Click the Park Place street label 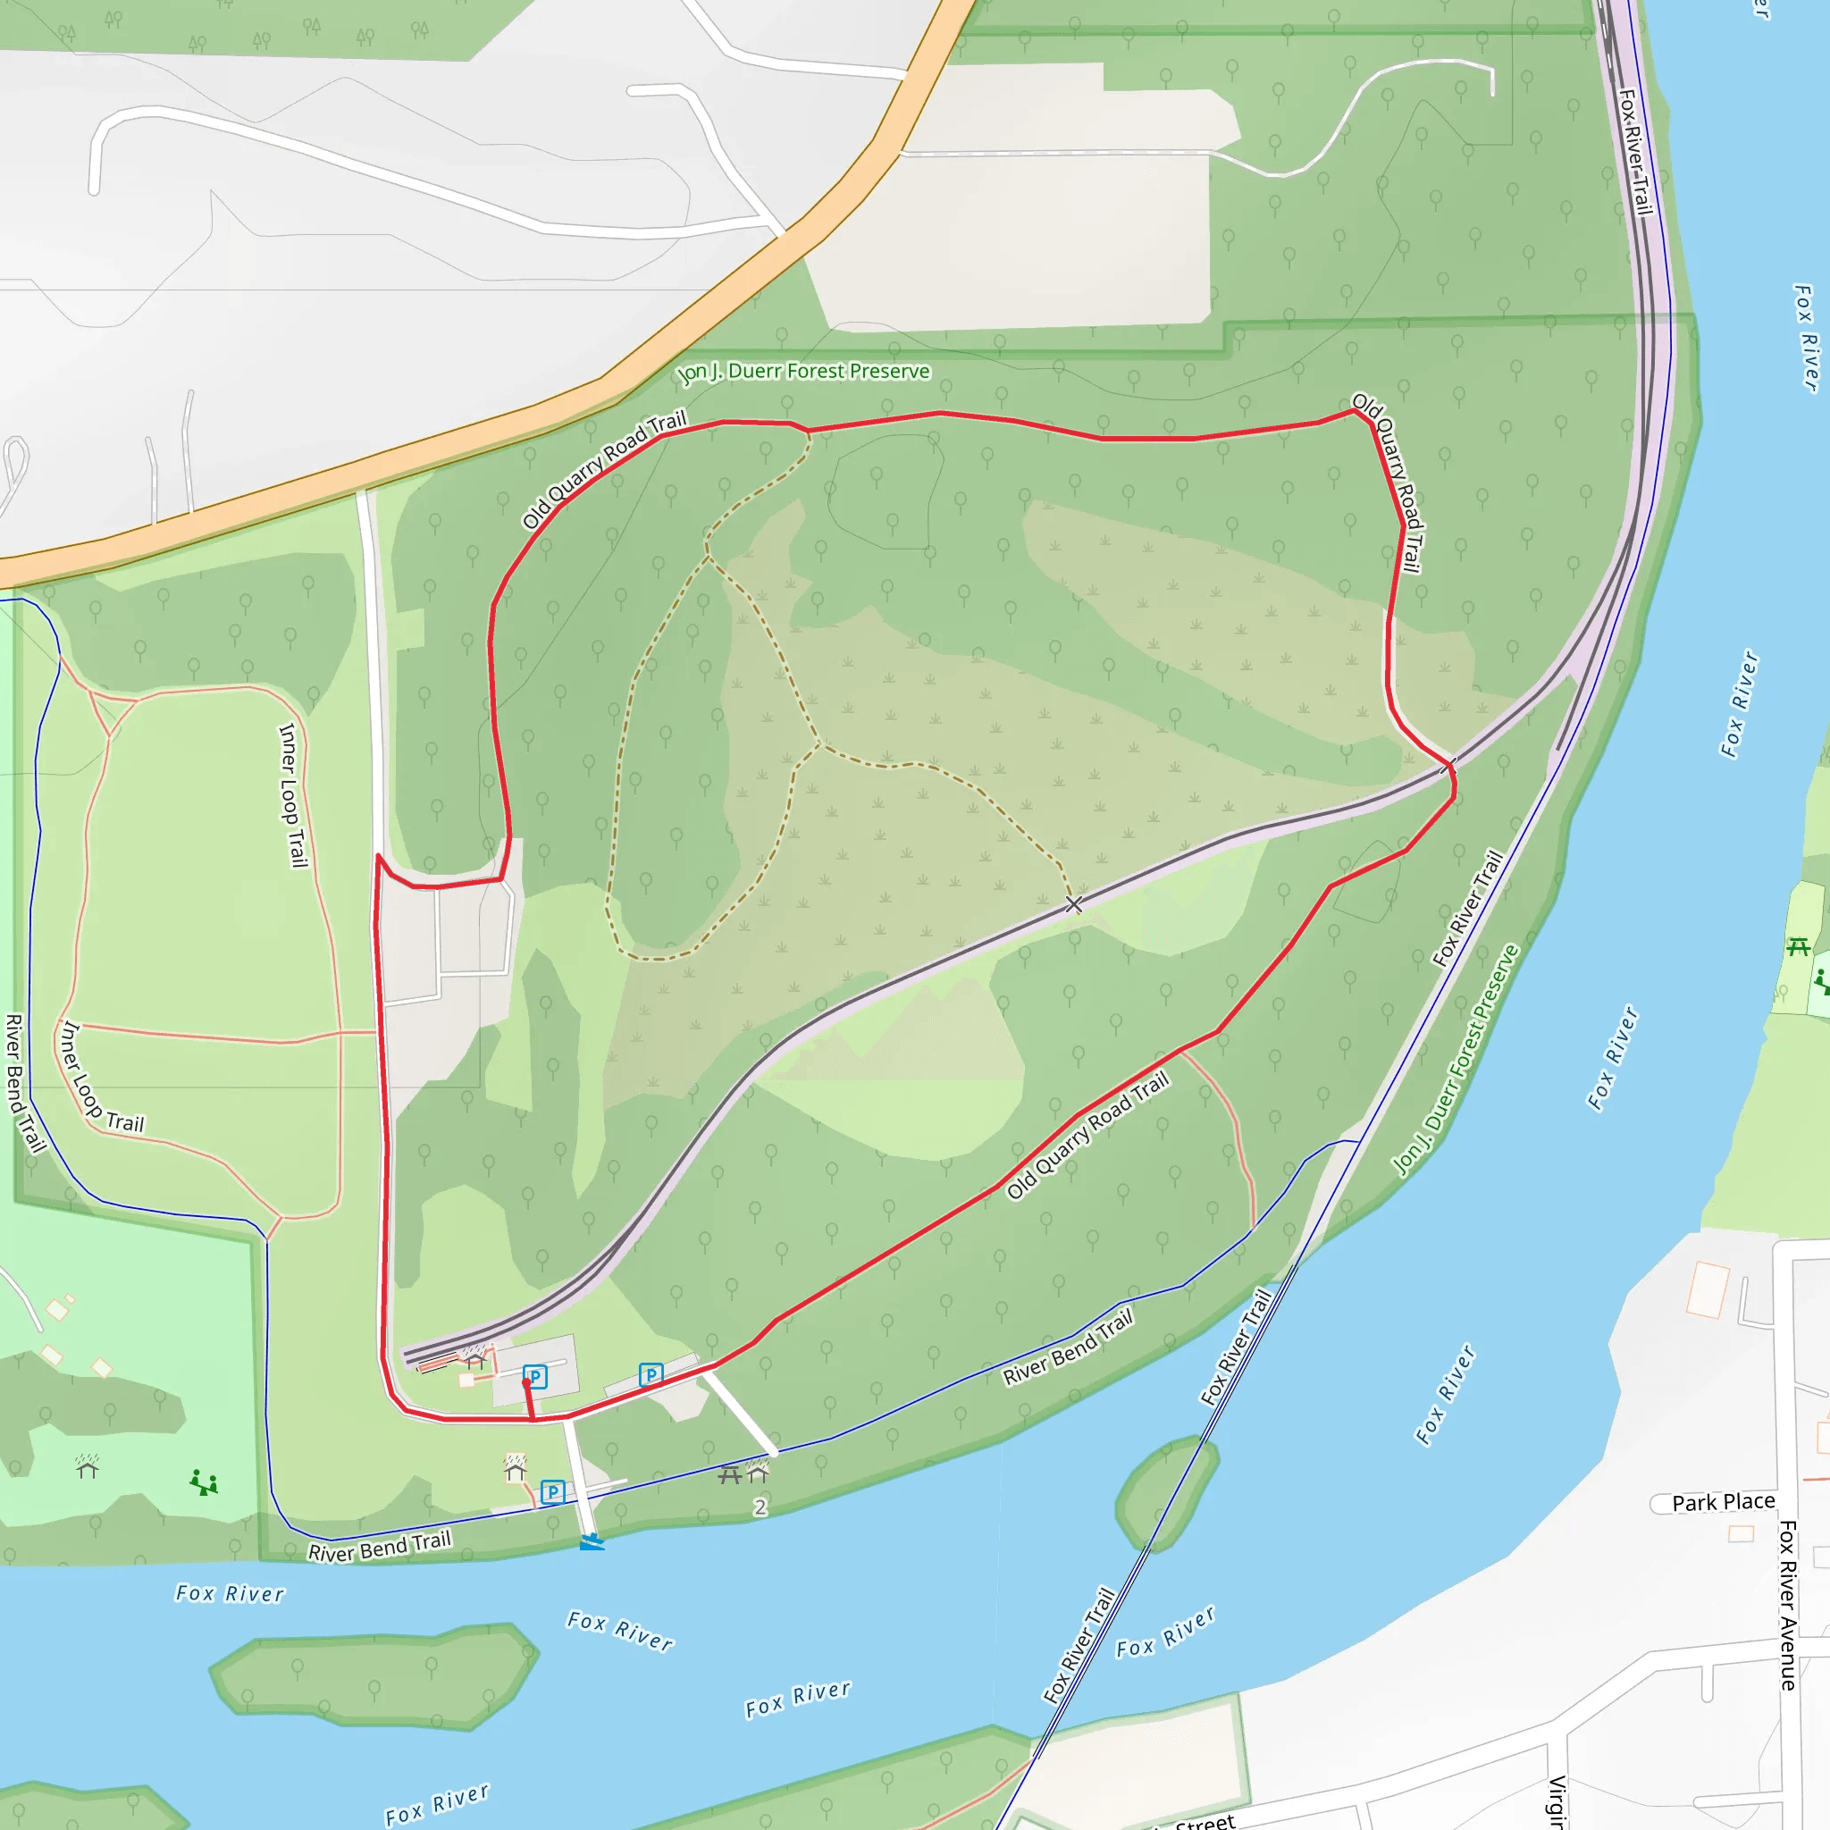click(x=1723, y=1502)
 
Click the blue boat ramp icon click(x=592, y=1542)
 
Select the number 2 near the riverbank click(x=760, y=1507)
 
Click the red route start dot click(x=526, y=1383)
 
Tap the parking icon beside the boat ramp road click(x=552, y=1493)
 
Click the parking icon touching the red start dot click(x=536, y=1376)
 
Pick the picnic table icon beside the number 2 click(x=729, y=1474)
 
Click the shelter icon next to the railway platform click(x=475, y=1360)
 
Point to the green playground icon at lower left click(x=204, y=1482)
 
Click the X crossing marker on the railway click(x=1073, y=904)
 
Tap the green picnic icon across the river click(x=1798, y=946)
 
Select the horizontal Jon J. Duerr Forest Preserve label click(x=804, y=372)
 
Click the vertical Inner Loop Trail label click(x=294, y=795)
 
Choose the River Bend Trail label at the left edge click(x=25, y=1082)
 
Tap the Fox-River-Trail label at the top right click(x=1636, y=152)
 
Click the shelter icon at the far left click(x=88, y=1467)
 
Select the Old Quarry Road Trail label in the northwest click(x=604, y=470)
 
